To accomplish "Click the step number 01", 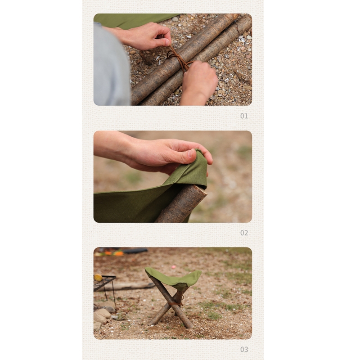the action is (244, 116).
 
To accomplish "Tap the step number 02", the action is (244, 233).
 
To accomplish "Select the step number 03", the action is (244, 350).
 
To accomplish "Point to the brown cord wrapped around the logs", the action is (178, 58).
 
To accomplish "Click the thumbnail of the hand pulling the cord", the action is (173, 60).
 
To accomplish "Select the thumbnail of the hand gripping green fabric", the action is (173, 176).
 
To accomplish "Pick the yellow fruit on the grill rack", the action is (98, 277).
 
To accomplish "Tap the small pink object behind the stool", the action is (173, 267).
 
